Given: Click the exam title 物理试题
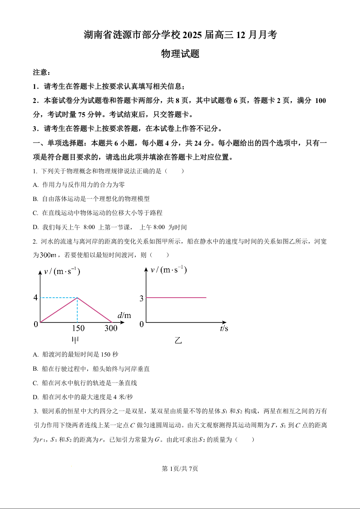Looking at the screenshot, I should click(x=180, y=54).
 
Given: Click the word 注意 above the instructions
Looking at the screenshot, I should click(x=40, y=73).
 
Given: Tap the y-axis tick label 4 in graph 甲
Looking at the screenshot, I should click(x=35, y=298).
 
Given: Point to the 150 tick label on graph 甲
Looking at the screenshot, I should click(x=78, y=328).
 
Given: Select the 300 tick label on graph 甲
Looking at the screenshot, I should click(x=111, y=328).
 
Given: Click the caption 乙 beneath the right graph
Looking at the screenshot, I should click(x=178, y=340).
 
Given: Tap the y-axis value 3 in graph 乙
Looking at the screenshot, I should click(x=142, y=299).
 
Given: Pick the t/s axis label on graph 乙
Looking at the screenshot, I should click(x=224, y=328).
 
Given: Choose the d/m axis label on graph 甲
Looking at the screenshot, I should click(x=123, y=315).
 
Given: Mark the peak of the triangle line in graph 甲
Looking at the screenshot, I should click(x=77, y=298).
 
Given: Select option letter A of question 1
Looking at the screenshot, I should click(x=35, y=185).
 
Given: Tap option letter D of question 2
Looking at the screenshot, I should click(x=35, y=397).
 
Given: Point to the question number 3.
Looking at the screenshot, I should click(x=35, y=411).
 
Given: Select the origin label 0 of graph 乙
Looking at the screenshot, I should click(x=142, y=324).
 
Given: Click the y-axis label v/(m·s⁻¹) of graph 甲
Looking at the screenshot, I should click(x=62, y=272).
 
